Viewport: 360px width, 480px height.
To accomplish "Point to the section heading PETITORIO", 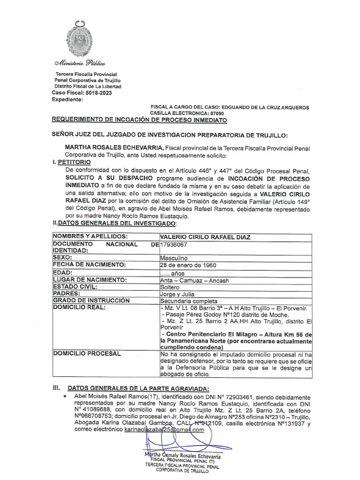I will click(72, 162).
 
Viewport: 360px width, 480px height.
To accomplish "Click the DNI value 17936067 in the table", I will click(174, 244).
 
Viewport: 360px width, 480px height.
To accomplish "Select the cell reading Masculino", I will click(173, 258).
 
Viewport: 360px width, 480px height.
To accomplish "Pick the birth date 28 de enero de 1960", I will click(188, 265).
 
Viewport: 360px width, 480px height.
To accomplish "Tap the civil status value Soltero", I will click(170, 286).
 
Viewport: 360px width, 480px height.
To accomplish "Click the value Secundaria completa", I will click(188, 300).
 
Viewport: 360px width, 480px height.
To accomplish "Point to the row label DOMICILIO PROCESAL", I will click(87, 353).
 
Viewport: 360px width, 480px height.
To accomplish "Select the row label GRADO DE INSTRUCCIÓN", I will click(91, 300).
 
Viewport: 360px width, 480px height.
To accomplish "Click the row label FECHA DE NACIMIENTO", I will click(90, 265).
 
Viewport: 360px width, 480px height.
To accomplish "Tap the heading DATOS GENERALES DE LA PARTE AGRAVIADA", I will click(139, 388).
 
